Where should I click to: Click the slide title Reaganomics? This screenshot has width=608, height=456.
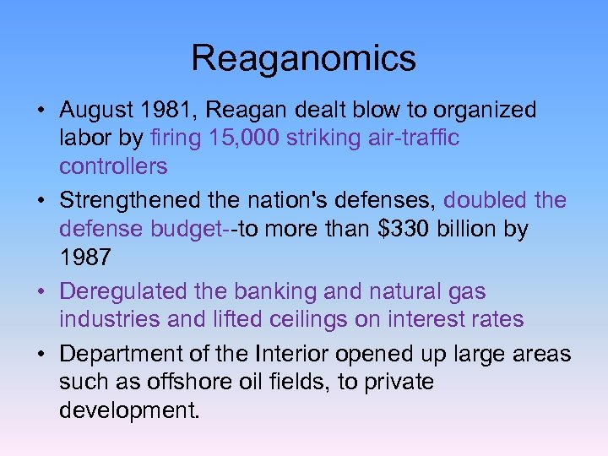tap(303, 58)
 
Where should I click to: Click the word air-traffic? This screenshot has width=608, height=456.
tap(409, 138)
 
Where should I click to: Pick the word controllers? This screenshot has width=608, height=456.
tap(113, 166)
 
